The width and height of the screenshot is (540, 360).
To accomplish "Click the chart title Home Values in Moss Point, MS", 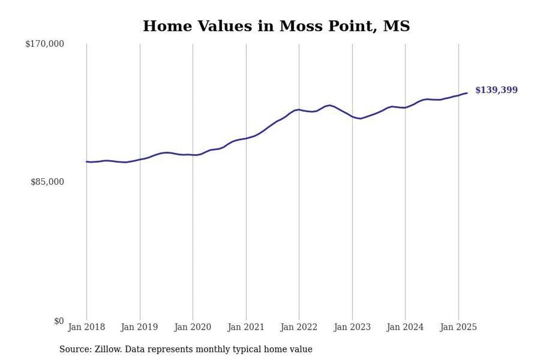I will [276, 26].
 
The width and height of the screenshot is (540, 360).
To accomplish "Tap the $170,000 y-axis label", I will [45, 44].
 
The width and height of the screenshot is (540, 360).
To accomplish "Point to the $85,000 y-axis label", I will [47, 182].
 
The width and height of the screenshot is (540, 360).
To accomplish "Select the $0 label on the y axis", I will [59, 321].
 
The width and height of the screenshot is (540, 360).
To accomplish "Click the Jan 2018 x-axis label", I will [87, 327].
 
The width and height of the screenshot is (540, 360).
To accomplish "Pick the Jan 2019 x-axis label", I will [140, 327].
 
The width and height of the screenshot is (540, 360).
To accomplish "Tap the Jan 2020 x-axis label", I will [193, 327].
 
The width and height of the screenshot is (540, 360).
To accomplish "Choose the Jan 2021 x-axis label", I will [246, 327].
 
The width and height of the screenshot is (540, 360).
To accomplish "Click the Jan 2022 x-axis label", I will [299, 327].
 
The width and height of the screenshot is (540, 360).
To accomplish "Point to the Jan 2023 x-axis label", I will [352, 327].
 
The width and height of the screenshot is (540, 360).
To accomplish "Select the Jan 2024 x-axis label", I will [405, 327].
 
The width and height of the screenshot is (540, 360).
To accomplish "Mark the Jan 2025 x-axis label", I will [459, 327].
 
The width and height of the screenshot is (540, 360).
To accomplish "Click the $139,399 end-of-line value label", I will [496, 90].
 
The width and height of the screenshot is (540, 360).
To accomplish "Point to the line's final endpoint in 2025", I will [467, 93].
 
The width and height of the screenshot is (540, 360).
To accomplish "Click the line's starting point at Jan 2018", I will [87, 162].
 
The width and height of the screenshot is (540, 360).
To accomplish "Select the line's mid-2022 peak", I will [330, 105].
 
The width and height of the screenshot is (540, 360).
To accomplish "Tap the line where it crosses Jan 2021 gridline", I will [246, 138].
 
